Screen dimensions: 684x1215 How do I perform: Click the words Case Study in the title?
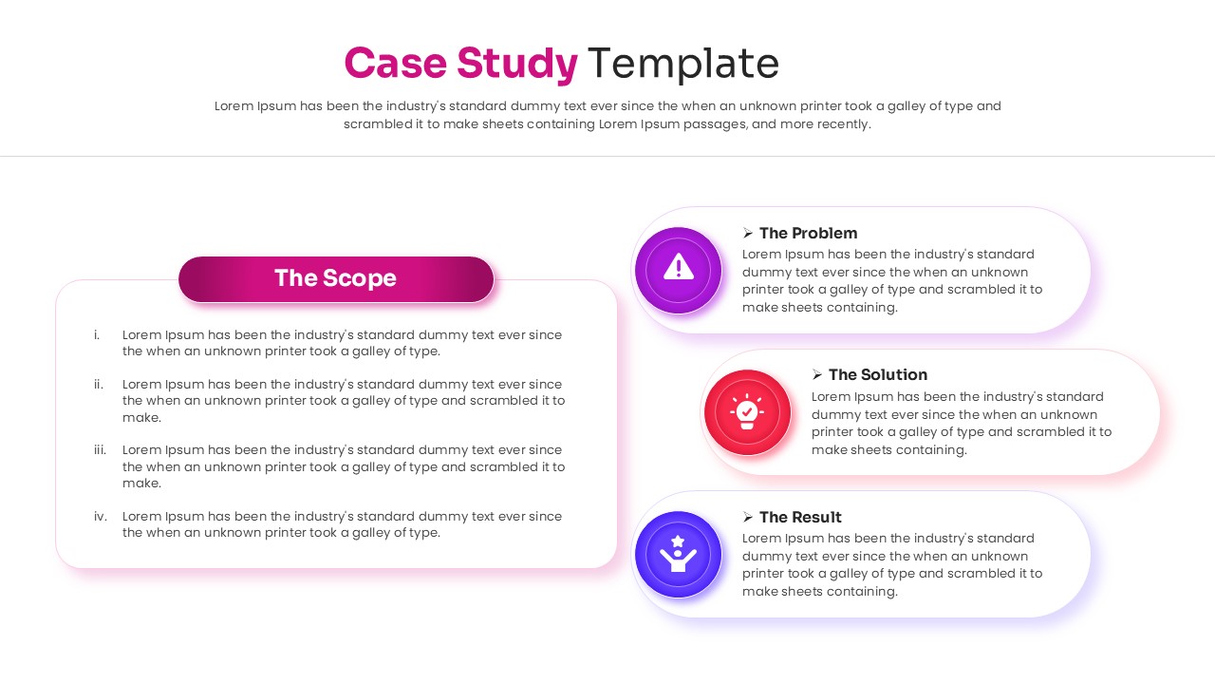point(460,64)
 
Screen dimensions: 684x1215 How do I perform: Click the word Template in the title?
point(683,64)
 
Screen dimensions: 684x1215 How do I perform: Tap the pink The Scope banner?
point(336,278)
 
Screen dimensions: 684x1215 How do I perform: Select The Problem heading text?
point(808,233)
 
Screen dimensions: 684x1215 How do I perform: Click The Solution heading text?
point(877,374)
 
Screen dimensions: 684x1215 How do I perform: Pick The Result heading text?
point(800,517)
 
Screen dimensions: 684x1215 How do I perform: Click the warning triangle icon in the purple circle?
point(679,269)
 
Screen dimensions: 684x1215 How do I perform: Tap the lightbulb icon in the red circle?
point(747,411)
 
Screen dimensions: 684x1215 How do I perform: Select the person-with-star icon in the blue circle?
point(678,554)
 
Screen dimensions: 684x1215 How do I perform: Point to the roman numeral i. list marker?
point(97,334)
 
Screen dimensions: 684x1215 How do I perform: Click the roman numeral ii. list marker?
point(98,384)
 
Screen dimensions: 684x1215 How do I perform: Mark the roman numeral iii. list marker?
point(100,449)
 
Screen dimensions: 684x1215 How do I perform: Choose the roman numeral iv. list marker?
point(100,516)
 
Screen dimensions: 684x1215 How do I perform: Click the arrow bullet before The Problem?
point(748,233)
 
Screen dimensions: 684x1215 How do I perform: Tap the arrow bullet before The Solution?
point(817,375)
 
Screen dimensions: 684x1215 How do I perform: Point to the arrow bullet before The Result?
point(748,518)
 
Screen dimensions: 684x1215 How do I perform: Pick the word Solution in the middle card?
point(893,374)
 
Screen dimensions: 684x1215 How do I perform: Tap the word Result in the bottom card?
point(816,517)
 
